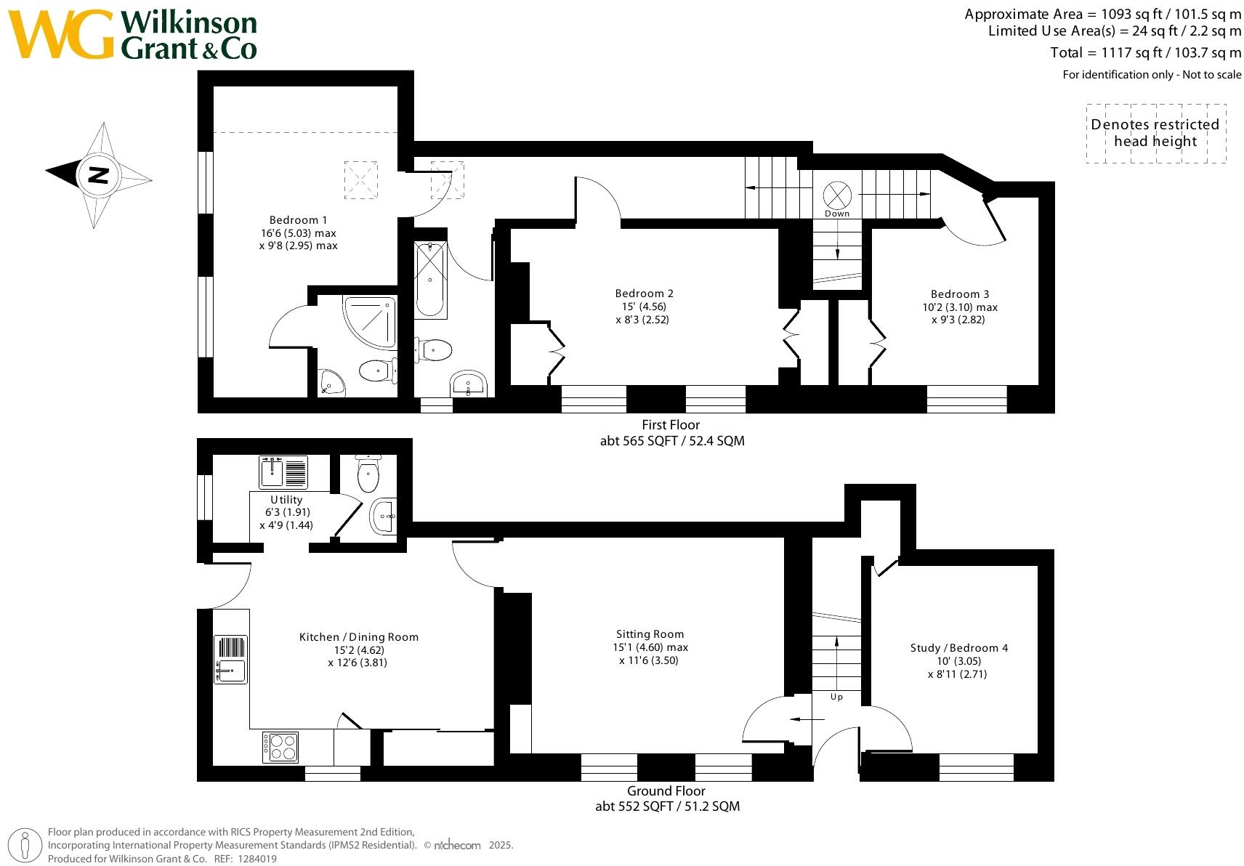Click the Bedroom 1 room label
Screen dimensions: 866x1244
point(298,220)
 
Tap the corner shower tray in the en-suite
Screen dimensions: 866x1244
point(371,320)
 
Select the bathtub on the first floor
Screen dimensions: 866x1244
point(430,279)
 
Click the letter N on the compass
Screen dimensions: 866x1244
point(98,175)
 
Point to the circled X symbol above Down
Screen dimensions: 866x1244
point(836,195)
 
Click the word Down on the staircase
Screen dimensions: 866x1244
point(836,214)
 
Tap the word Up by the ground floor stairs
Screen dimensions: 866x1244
point(836,697)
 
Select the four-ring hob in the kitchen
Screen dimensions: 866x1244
point(280,746)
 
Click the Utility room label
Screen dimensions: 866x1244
point(286,500)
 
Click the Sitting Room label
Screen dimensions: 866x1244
point(650,634)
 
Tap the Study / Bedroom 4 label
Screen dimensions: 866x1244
point(958,648)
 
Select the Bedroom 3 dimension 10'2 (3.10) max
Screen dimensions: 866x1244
point(959,307)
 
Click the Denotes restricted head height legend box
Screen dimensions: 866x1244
point(1155,133)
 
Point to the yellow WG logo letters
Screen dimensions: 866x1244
point(62,35)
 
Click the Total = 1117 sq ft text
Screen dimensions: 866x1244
point(1145,52)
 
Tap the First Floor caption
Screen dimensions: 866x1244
point(671,425)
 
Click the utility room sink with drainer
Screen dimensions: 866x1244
point(284,472)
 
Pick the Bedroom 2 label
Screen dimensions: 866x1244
point(644,294)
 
